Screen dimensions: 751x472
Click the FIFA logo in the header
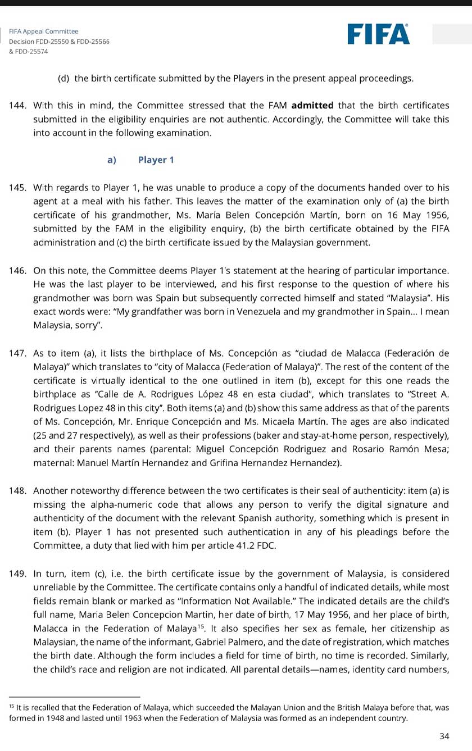(378, 34)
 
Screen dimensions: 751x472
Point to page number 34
(444, 736)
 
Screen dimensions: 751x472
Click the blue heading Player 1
(156, 160)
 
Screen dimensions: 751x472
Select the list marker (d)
(63, 78)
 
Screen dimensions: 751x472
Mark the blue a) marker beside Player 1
(111, 160)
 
